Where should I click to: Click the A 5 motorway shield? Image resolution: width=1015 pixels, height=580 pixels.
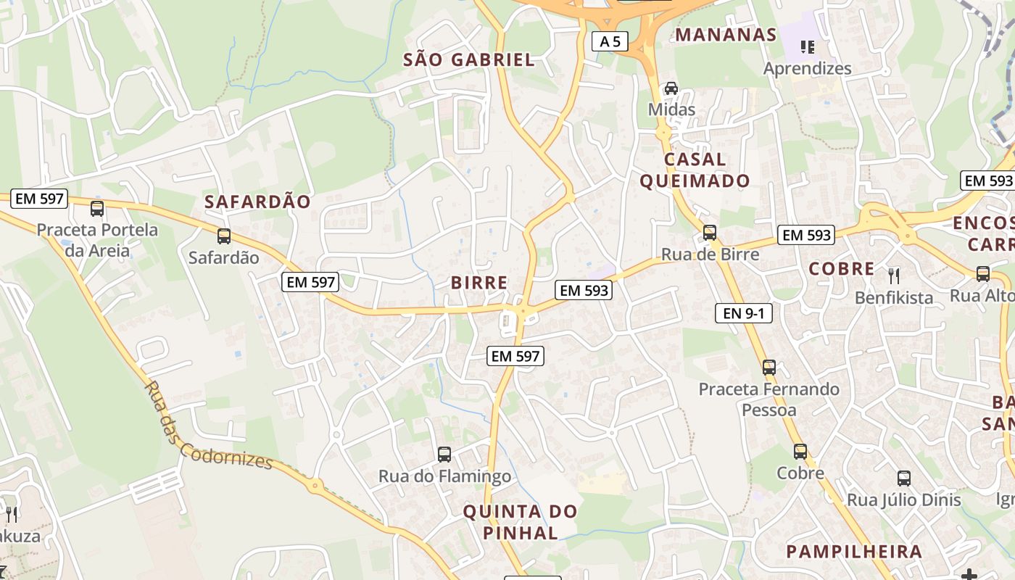610,41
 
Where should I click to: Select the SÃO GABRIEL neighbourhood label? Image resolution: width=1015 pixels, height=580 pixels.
469,60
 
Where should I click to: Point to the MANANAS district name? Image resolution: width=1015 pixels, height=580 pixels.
726,35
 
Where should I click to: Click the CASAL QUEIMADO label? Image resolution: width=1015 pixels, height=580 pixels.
695,170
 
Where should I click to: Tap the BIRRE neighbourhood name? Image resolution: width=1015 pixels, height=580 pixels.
479,283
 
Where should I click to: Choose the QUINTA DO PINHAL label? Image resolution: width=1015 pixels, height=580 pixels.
520,522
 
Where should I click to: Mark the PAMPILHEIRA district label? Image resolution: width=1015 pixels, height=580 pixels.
854,551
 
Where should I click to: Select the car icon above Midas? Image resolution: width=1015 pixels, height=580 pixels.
671,88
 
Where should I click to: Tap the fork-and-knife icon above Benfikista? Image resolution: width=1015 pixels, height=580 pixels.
894,275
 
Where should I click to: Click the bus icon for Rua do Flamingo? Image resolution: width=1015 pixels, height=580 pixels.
444,455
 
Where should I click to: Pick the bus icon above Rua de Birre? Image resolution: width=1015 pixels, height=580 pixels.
710,233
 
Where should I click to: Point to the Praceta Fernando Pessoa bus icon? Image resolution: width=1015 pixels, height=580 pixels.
769,368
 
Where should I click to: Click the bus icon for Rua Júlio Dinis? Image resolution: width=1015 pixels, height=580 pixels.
904,478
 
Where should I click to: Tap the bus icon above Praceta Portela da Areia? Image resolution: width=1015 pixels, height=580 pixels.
97,209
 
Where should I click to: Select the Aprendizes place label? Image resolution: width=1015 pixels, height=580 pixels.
807,68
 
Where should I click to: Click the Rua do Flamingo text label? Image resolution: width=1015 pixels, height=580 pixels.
444,476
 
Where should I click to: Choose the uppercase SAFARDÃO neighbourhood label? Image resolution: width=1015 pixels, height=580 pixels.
257,202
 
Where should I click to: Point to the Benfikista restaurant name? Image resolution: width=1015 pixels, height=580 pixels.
894,297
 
